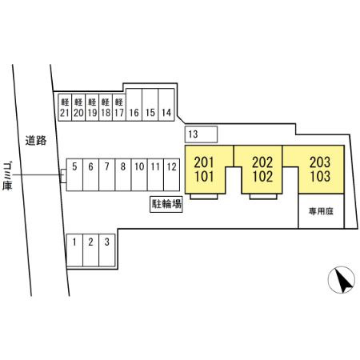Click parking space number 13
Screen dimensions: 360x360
tap(202, 134)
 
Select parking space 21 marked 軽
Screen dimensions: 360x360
tap(65, 107)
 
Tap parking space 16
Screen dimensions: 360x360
tap(134, 105)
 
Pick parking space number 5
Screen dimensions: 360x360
tap(74, 175)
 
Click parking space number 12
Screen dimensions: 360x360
tap(171, 175)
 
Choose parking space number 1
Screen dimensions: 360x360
tap(74, 250)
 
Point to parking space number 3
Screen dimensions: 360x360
tap(107, 250)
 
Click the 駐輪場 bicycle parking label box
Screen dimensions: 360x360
tap(166, 204)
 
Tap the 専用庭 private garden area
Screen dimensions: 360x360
tap(321, 211)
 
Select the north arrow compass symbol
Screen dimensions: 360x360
tap(342, 280)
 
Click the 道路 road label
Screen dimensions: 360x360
tap(36, 140)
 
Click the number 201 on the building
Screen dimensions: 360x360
tap(204, 162)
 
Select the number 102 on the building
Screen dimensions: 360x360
tap(262, 176)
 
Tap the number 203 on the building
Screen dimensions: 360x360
tap(320, 162)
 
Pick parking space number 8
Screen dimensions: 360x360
tap(123, 175)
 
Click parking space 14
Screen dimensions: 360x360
tap(166, 105)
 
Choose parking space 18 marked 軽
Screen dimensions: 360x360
tap(106, 107)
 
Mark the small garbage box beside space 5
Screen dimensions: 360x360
tap(63, 176)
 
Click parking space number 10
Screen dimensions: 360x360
tap(139, 175)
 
